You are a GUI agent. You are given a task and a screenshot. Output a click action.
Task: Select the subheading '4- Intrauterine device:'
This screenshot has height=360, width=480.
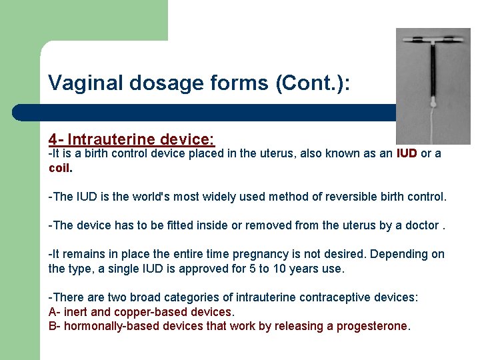(x=131, y=139)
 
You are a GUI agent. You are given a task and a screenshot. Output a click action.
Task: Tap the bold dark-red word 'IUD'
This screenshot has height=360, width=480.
(x=407, y=153)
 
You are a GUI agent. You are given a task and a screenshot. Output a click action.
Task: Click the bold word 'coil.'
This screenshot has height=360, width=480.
(x=61, y=168)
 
